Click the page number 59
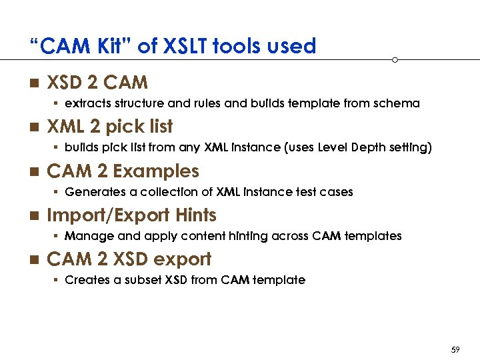(x=456, y=349)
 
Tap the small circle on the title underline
(x=395, y=60)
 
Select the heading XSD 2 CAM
(x=97, y=83)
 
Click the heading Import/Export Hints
(x=131, y=215)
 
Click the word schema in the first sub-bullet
(x=397, y=103)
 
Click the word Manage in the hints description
(x=84, y=236)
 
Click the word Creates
(x=85, y=280)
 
